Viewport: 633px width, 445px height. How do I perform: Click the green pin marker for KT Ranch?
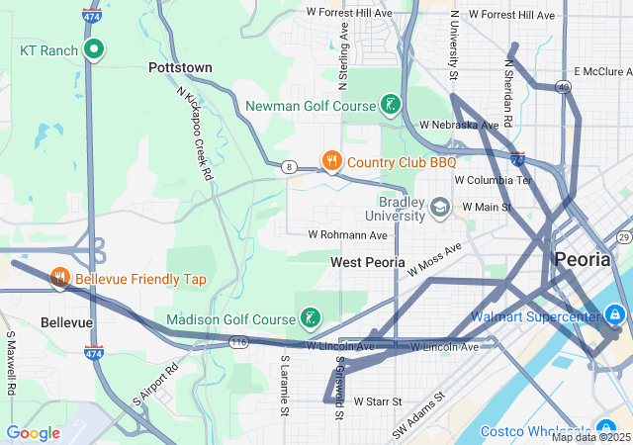pos(94,48)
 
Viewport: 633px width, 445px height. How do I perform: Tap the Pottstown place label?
pos(180,67)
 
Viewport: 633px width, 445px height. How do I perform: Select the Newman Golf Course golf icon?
pos(391,105)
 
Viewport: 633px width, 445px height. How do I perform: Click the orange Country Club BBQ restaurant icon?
pos(332,161)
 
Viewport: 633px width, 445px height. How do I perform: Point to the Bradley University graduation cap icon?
pos(440,208)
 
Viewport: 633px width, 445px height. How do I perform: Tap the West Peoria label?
pos(368,262)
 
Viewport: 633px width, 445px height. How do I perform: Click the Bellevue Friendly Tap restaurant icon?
pos(60,279)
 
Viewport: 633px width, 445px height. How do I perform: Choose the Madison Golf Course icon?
pos(311,318)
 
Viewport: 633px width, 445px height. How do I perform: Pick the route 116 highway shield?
pos(238,342)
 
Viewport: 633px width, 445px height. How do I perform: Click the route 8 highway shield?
pos(288,167)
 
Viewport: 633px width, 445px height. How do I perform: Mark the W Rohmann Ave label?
pos(348,235)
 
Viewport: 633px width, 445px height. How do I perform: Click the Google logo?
pos(34,432)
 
